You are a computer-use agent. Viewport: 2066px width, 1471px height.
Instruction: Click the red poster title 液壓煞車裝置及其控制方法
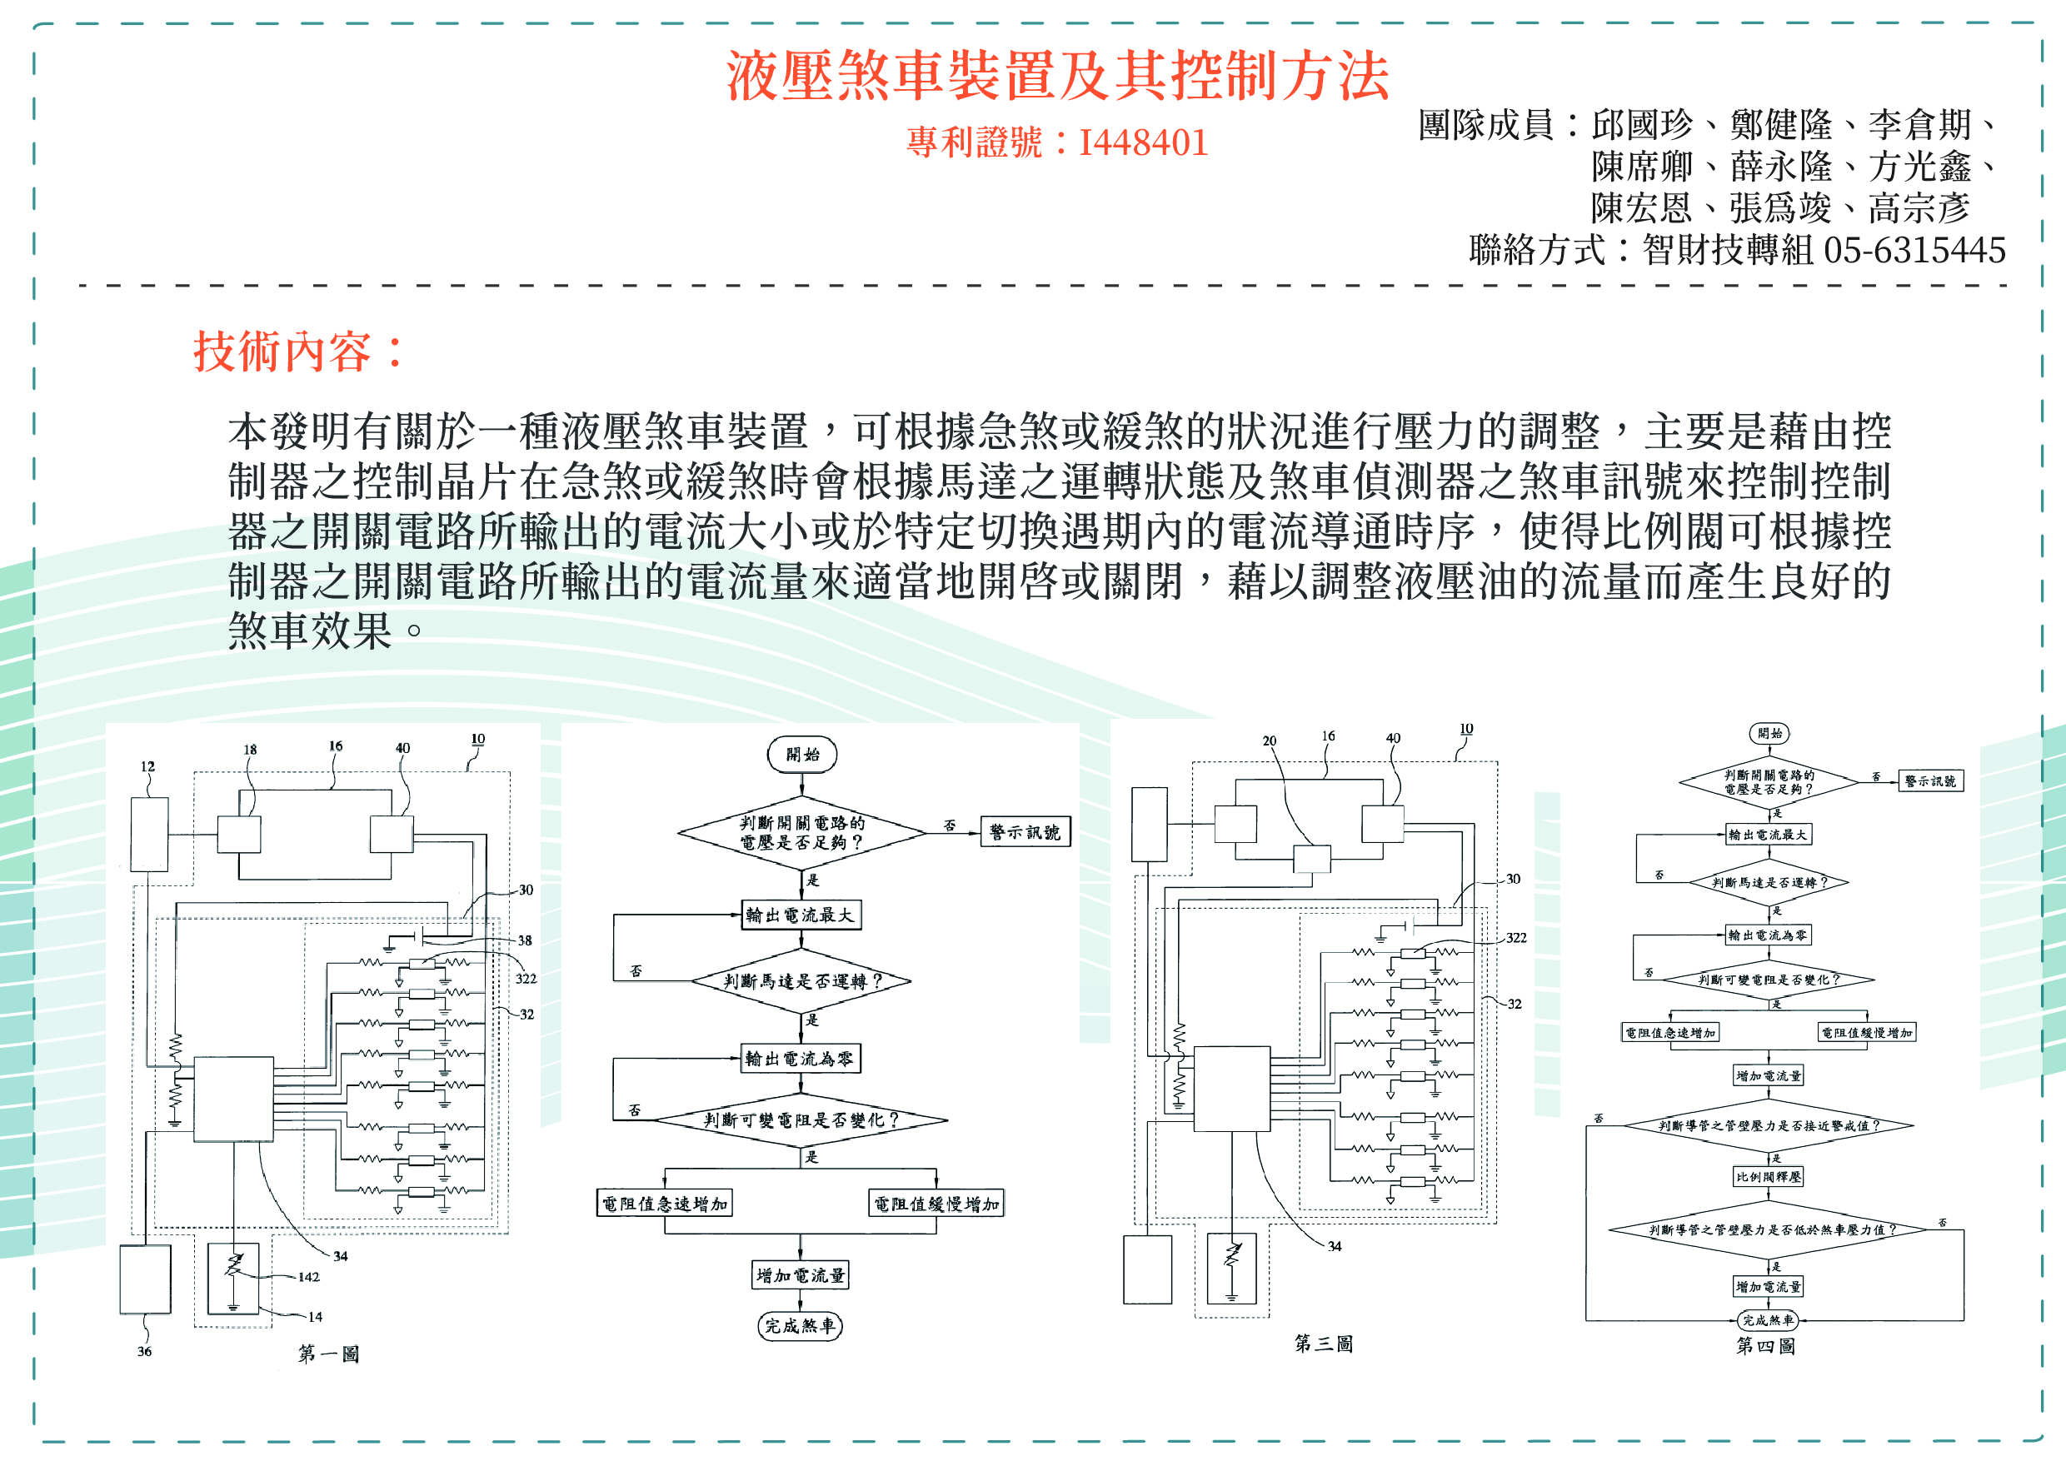(x=1057, y=75)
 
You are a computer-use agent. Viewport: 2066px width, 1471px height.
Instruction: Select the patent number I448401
(x=1143, y=143)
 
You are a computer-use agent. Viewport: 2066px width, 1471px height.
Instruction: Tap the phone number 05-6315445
(x=1914, y=251)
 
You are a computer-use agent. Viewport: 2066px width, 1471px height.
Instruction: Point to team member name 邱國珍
(x=1641, y=125)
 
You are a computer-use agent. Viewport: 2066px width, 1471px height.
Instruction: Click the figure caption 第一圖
(x=329, y=1354)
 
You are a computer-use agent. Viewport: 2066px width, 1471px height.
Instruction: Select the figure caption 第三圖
(x=1322, y=1344)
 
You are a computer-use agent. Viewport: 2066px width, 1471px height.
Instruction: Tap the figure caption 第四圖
(x=1764, y=1346)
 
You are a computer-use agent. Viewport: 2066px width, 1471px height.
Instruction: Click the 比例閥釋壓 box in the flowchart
(x=1768, y=1177)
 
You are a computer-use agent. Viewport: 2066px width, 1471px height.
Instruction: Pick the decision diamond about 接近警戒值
(x=1768, y=1126)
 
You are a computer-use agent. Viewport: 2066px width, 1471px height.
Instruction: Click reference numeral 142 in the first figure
(x=308, y=1277)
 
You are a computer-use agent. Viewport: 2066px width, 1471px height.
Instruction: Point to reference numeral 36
(x=144, y=1351)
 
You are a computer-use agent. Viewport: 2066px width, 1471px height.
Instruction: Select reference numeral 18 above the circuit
(x=250, y=750)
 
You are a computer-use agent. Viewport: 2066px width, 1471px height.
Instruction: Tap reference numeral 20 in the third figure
(x=1269, y=741)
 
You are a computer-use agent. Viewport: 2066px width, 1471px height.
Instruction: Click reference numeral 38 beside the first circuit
(x=525, y=940)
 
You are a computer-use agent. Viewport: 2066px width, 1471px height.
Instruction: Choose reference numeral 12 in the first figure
(x=147, y=767)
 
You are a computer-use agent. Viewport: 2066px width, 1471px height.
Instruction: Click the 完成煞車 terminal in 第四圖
(x=1767, y=1320)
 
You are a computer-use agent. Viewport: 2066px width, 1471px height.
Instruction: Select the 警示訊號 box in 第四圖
(x=1929, y=780)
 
